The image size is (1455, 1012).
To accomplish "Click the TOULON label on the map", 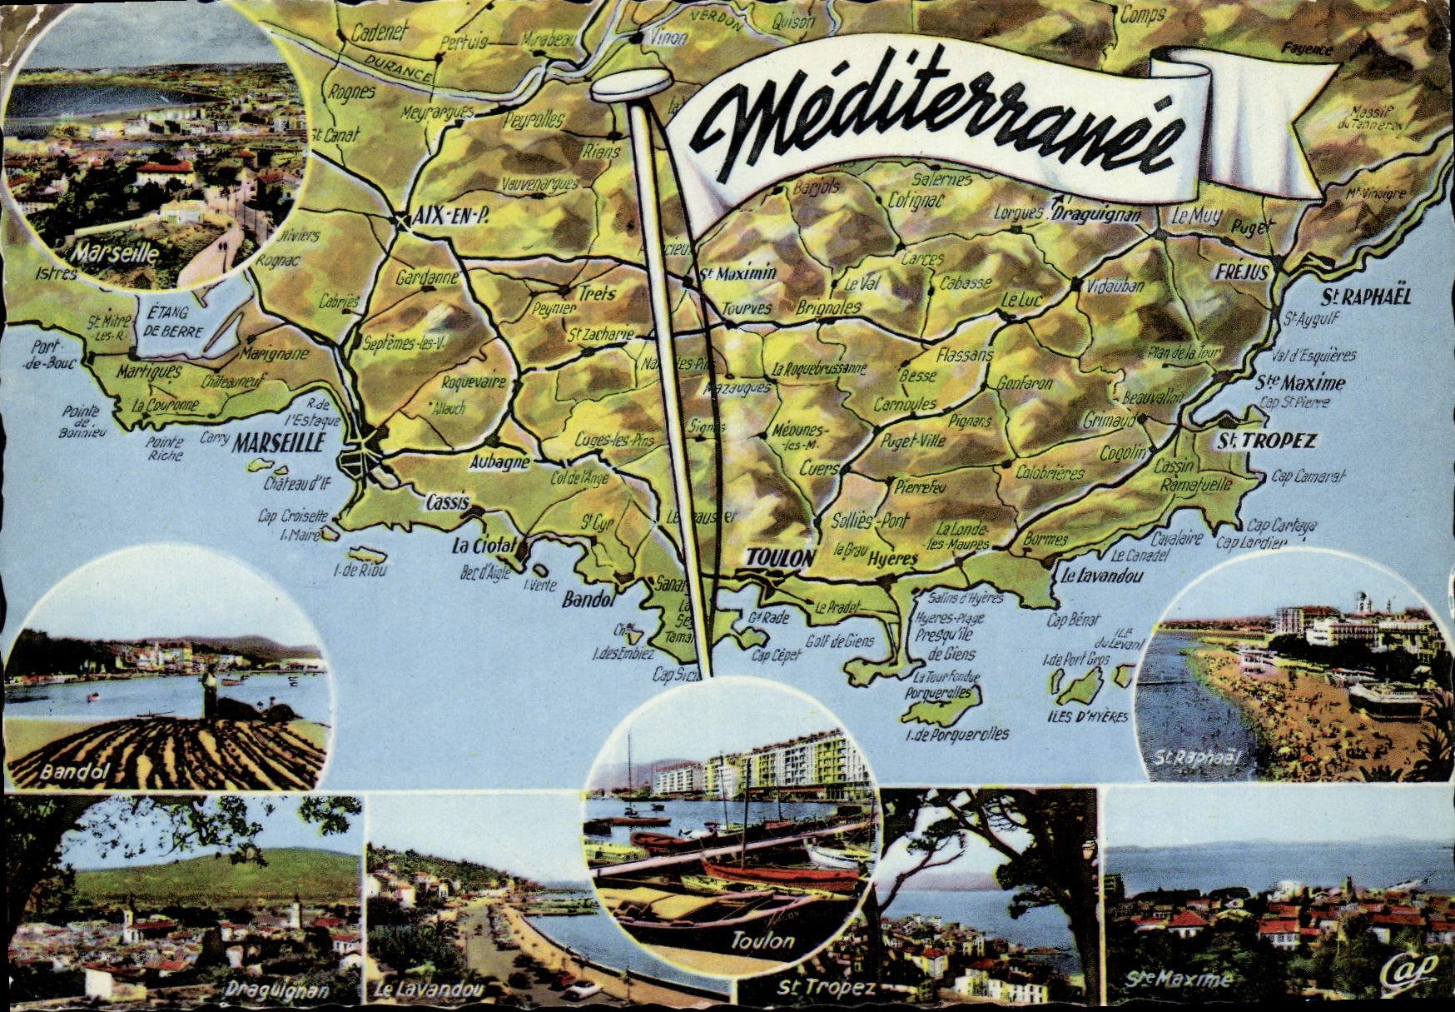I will point(778,557).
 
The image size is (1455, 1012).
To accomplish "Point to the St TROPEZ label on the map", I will point(1267,441).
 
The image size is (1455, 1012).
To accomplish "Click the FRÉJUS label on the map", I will point(1241,272).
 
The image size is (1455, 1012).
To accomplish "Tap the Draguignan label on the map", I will point(1096,213).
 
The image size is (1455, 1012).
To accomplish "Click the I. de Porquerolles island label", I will point(957,734).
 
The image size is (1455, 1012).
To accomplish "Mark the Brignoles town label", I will point(828,307).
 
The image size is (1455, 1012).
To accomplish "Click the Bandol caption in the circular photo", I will point(74,772).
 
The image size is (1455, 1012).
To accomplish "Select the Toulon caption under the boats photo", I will point(762,941).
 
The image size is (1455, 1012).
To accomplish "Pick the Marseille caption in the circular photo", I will point(114,252).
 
